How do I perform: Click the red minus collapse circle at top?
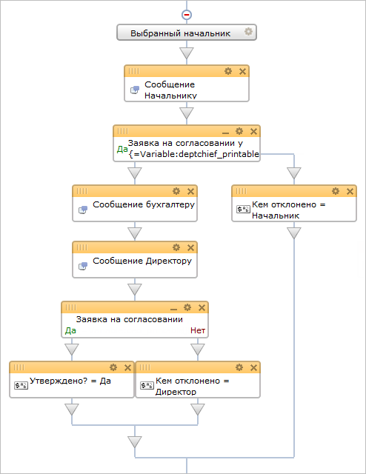(187, 15)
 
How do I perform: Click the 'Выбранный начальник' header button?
(187, 33)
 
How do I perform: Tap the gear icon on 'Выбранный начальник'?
(248, 31)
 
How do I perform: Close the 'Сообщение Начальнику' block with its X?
(242, 71)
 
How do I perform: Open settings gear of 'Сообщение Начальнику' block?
(228, 71)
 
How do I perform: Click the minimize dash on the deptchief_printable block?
(225, 133)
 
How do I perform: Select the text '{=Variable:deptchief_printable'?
(193, 154)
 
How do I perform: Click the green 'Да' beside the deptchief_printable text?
(122, 149)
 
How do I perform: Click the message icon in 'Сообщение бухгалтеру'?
(83, 210)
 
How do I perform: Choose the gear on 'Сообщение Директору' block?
(176, 247)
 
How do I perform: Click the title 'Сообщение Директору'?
(142, 261)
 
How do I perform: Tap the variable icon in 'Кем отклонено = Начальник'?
(243, 209)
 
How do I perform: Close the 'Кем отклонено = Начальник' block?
(350, 191)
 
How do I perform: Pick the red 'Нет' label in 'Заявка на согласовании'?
(198, 331)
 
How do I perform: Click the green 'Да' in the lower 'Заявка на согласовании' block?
(70, 331)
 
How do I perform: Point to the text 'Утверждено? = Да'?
(70, 381)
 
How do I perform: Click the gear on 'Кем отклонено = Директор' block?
(239, 367)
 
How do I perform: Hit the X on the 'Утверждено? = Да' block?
(127, 367)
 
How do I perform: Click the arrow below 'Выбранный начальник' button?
(187, 53)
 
